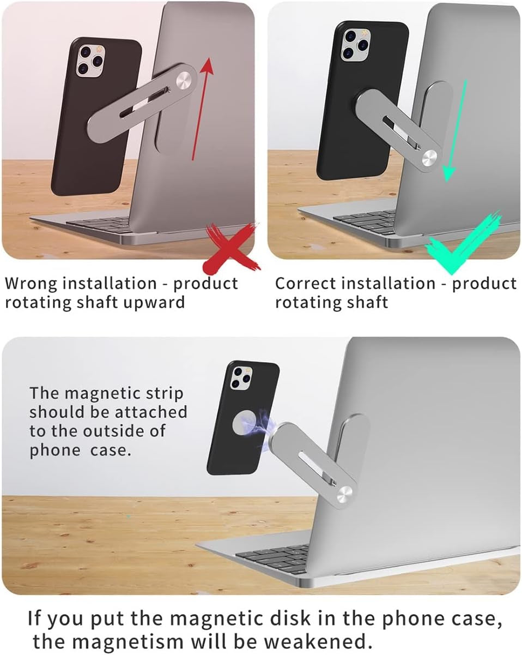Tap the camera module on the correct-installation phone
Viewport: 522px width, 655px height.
(354, 43)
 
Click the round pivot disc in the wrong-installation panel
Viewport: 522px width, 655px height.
(183, 79)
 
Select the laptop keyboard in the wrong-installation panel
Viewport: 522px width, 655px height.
(104, 224)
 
